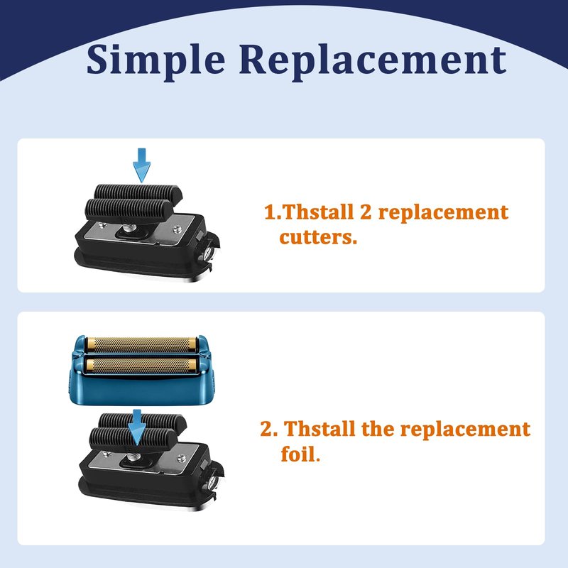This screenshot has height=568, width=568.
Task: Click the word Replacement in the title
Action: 372,60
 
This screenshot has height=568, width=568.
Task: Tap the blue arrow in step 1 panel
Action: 141,165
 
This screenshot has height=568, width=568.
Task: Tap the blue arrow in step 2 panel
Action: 137,427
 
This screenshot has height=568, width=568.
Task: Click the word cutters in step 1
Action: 318,237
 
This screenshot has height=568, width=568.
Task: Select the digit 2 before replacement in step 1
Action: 366,212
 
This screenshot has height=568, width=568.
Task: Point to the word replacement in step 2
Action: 465,430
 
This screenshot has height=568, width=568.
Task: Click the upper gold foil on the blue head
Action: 141,344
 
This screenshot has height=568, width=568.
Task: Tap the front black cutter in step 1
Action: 129,210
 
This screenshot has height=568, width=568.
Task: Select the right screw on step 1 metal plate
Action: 177,229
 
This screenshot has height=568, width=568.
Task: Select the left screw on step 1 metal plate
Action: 102,225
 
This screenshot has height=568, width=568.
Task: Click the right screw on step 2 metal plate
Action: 181,458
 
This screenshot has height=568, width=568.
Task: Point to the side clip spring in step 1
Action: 208,253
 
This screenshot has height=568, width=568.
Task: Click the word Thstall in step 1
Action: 317,212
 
